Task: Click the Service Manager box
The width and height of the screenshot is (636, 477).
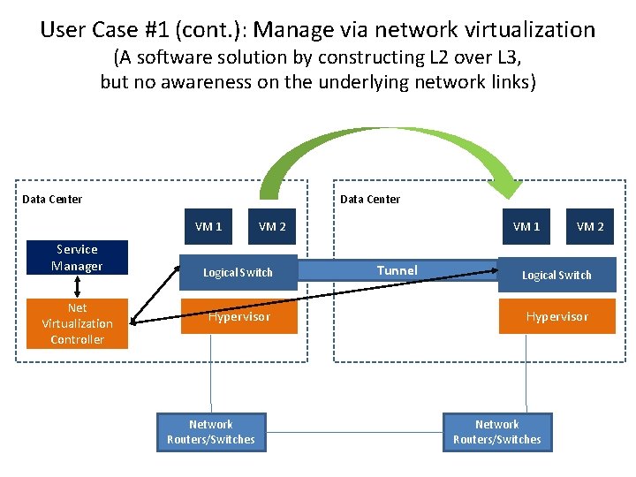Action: pos(77,258)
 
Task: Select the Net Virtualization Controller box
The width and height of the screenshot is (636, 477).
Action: pos(77,323)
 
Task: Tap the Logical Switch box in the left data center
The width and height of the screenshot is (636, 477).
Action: pos(238,272)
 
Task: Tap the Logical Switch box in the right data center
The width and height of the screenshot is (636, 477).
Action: pos(556,275)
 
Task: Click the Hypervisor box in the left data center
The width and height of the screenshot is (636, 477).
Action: pos(238,316)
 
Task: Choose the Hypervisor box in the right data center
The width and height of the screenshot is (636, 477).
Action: pos(556,316)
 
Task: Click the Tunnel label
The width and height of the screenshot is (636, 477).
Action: pos(397,270)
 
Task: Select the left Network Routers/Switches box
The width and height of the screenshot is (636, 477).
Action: pos(211,432)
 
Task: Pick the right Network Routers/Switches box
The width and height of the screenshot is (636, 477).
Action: pos(496,432)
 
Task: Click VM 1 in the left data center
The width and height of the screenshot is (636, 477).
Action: pos(208,227)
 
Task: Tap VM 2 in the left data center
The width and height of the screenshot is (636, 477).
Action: pos(272,227)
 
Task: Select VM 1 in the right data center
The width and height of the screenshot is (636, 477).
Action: pos(526,227)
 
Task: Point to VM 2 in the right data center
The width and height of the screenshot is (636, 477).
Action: pos(590,227)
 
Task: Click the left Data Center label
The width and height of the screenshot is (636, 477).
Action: pos(52,200)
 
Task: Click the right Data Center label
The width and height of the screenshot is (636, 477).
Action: pos(370,200)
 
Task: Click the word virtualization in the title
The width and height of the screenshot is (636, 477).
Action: pos(529,30)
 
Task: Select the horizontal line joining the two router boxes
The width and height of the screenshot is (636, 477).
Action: pos(354,432)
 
